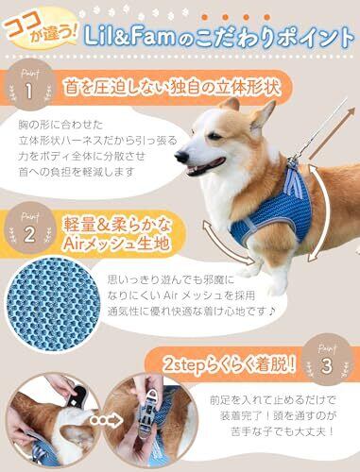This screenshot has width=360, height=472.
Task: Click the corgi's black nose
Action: [180, 156]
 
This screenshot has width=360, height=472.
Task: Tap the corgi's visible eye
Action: [214, 137]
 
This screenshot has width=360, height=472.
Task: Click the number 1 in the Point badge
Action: [29, 92]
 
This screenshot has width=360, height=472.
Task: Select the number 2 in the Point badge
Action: [29, 234]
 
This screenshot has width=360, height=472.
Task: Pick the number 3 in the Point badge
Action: [327, 365]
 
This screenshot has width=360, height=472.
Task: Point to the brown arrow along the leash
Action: [332, 133]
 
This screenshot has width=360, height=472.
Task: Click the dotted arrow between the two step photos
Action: [106, 419]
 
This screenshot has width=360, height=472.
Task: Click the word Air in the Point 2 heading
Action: [74, 244]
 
